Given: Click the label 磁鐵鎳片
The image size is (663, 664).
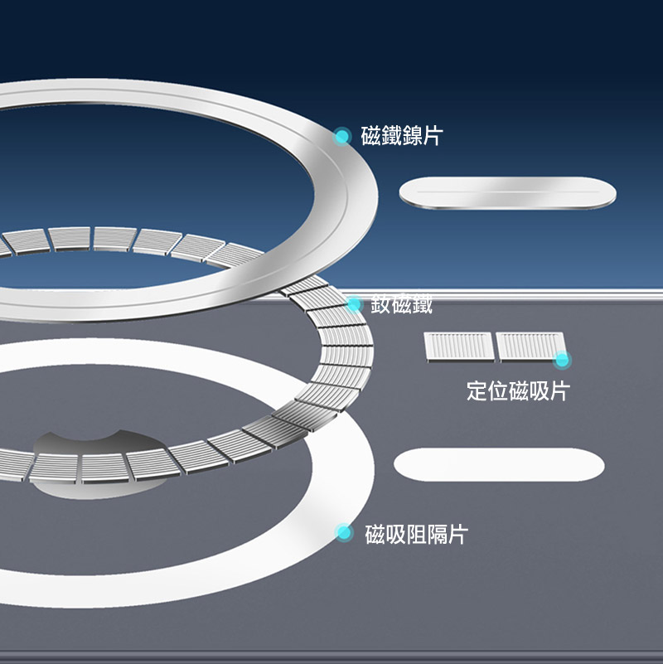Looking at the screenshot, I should [401, 136].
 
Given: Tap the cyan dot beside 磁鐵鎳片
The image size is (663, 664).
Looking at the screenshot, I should [342, 136].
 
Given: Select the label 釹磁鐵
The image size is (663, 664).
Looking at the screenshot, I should [401, 305].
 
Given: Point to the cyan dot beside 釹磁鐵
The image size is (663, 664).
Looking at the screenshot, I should [355, 305].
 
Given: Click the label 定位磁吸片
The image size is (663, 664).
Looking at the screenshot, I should [517, 391].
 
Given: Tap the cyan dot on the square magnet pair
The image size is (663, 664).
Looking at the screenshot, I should [563, 360].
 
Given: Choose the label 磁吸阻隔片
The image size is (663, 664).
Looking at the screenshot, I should [416, 535].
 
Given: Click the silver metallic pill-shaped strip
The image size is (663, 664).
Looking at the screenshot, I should [508, 194].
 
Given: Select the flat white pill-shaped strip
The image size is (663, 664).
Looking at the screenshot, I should [498, 464].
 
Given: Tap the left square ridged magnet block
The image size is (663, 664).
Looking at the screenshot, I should [458, 347].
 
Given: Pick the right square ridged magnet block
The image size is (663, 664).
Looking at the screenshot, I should [529, 347].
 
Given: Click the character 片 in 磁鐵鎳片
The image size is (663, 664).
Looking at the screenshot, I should [432, 136].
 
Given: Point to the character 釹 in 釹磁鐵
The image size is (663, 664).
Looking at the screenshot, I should [380, 305].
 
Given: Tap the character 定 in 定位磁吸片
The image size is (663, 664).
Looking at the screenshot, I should [477, 391].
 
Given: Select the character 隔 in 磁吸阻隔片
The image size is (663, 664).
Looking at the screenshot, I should [436, 535].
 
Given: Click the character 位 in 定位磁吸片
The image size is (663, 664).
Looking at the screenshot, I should [497, 391].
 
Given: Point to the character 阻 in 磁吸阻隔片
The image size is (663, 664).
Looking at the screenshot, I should [416, 535].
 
